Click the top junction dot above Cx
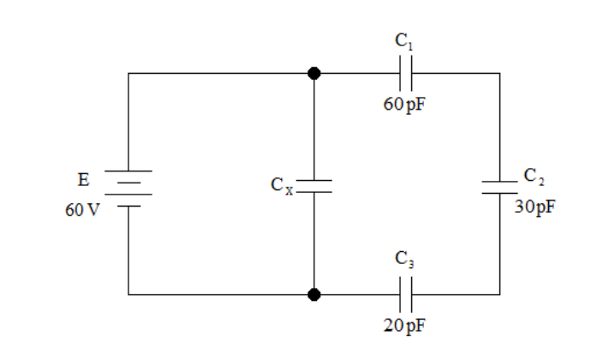coord(314,73)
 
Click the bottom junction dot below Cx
coord(314,294)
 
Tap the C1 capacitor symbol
coord(405,73)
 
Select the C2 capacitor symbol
coord(500,187)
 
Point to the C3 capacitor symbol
coord(405,294)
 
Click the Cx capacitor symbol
coord(314,186)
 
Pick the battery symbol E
coord(128,189)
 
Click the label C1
coord(404,41)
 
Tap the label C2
coord(534,177)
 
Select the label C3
coord(404,260)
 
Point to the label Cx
coord(282,186)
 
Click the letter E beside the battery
coord(84,180)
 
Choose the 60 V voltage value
coord(82,210)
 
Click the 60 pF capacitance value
coord(404,105)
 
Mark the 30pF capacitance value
coord(534,207)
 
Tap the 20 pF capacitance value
coord(405,325)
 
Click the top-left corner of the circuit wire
coord(128,73)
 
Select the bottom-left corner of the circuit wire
coord(128,294)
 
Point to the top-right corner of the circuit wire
coord(500,73)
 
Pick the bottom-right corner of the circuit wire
coord(500,294)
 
